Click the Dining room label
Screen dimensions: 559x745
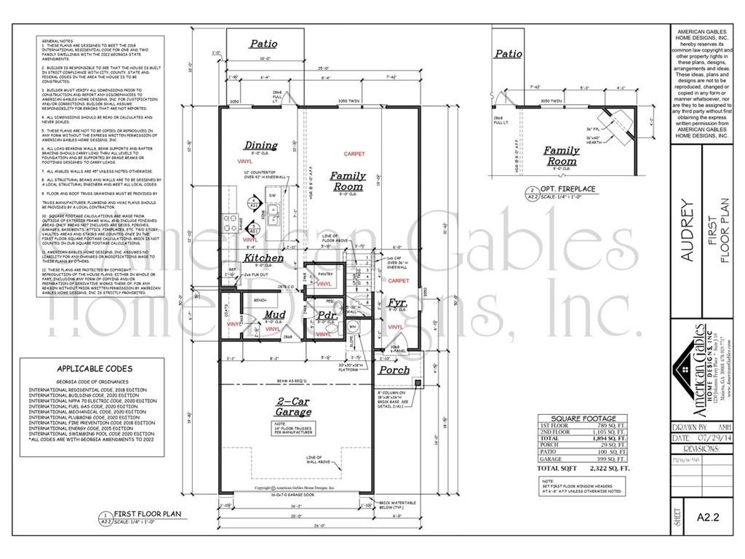[x=260, y=146]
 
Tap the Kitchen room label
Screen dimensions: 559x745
[x=263, y=258]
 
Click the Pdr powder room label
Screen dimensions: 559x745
[x=327, y=315]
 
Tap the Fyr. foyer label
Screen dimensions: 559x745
[x=397, y=301]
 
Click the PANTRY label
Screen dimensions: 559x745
[x=325, y=274]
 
